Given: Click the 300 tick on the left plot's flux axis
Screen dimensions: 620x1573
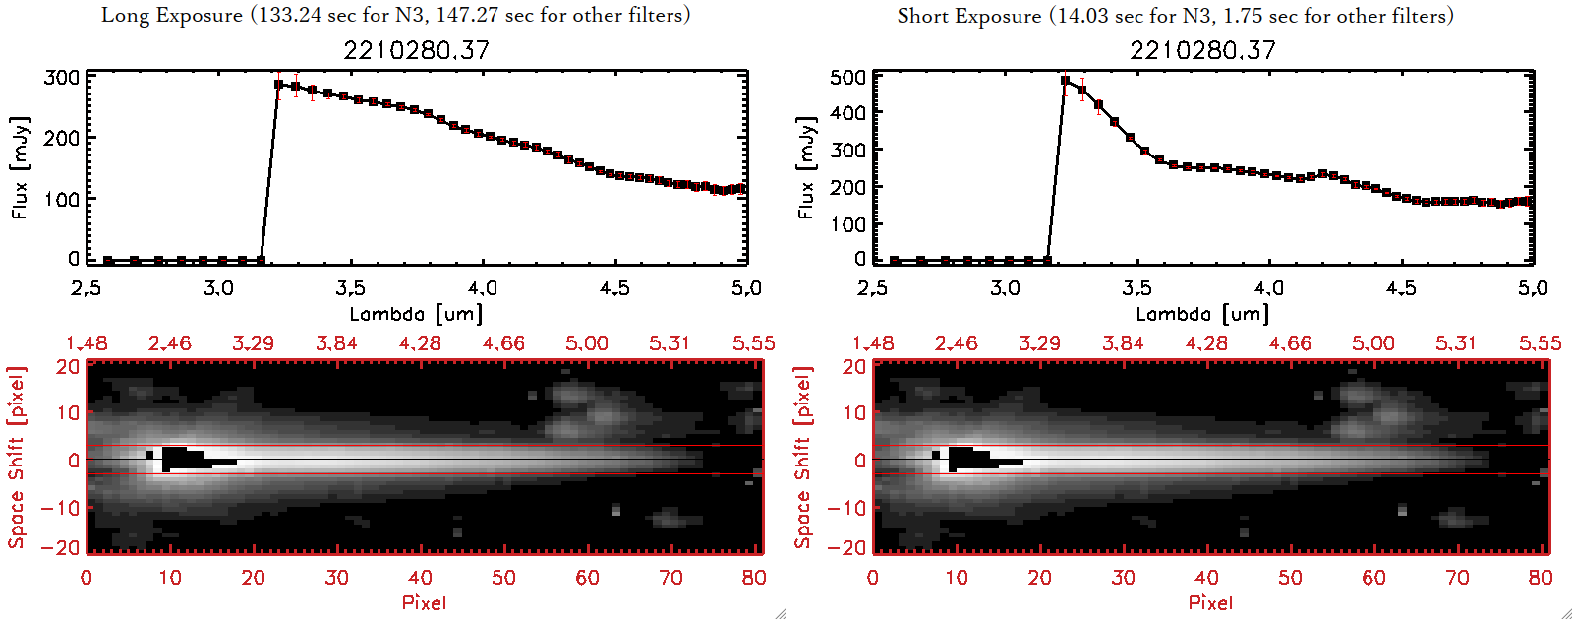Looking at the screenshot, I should pyautogui.click(x=62, y=77).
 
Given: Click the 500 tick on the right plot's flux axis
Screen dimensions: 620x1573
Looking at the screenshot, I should pyautogui.click(x=847, y=77).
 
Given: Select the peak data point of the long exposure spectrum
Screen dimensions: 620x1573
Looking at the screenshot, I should pyautogui.click(x=279, y=85).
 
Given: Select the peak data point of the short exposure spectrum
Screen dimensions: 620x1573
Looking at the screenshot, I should pyautogui.click(x=1066, y=81).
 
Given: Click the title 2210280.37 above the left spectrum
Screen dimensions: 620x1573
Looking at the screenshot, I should pyautogui.click(x=416, y=50).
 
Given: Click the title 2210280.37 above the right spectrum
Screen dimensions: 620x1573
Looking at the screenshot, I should pyautogui.click(x=1202, y=50).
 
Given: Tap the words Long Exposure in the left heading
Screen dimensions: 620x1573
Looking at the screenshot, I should pyautogui.click(x=172, y=15).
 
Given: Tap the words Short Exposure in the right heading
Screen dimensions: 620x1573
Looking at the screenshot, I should pyautogui.click(x=968, y=16).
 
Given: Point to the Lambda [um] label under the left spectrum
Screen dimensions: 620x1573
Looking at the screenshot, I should pyautogui.click(x=416, y=314).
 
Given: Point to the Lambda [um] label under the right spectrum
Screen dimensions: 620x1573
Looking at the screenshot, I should pyautogui.click(x=1202, y=314).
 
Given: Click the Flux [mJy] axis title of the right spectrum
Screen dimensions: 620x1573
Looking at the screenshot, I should pyautogui.click(x=807, y=167).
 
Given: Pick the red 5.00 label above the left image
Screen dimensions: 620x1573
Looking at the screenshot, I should pyautogui.click(x=587, y=343).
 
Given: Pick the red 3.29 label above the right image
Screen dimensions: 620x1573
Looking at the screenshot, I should pyautogui.click(x=1039, y=343).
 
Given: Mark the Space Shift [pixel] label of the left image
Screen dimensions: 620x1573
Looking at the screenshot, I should pyautogui.click(x=17, y=457).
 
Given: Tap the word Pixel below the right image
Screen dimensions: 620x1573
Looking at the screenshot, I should pyautogui.click(x=1210, y=602).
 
